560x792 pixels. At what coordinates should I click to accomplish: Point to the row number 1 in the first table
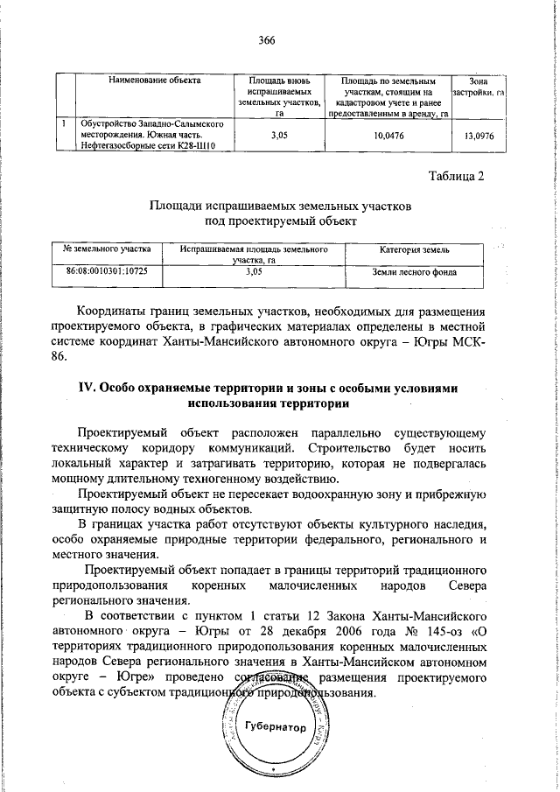click(65, 124)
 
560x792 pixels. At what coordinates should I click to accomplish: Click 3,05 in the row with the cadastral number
click(255, 271)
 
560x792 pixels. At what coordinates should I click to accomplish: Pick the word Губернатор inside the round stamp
click(275, 727)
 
